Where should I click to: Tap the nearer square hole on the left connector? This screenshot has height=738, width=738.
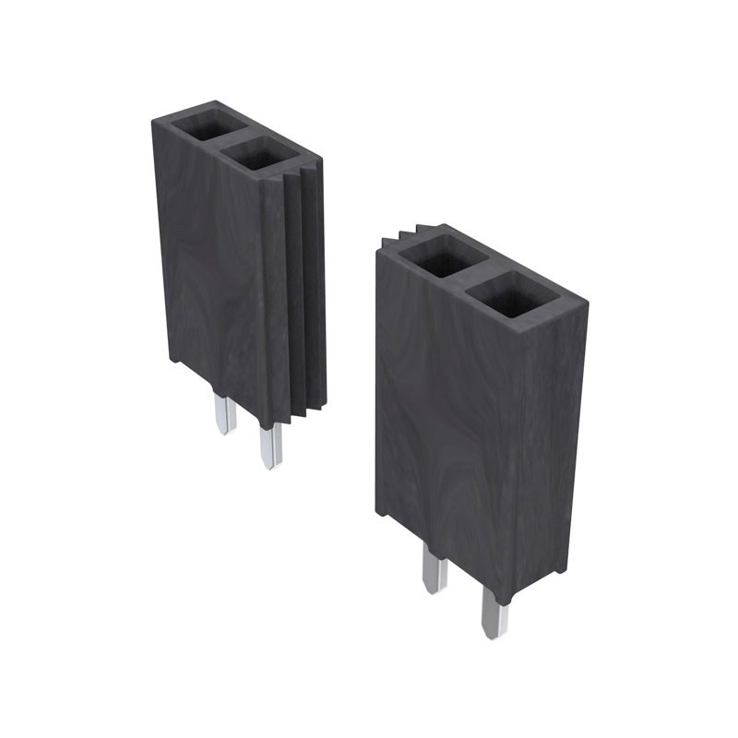point(263,154)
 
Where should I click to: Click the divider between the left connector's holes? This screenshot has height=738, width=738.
point(237,139)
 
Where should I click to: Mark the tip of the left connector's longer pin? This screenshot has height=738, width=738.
point(270,465)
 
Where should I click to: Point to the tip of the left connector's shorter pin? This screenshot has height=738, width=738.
point(223,431)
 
